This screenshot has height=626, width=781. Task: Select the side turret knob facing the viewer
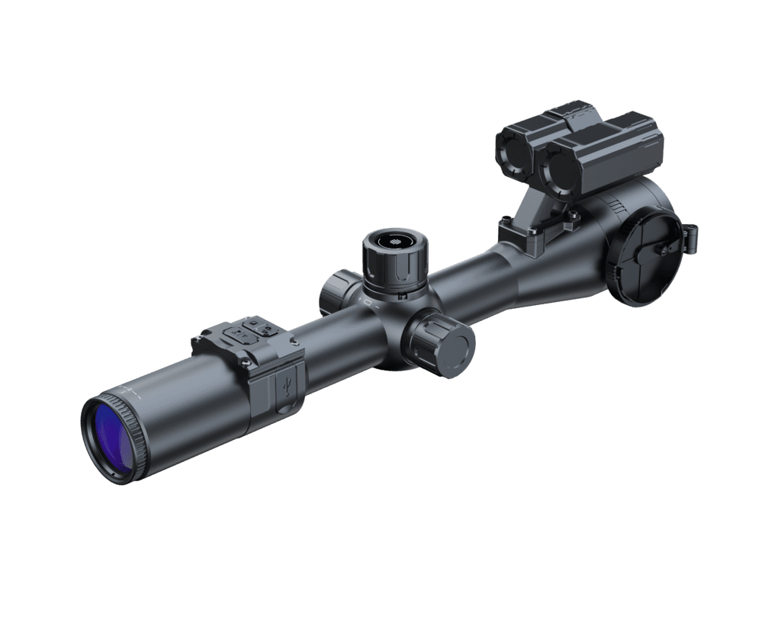pos(441,343)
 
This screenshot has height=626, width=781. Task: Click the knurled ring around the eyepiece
pos(137,438)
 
